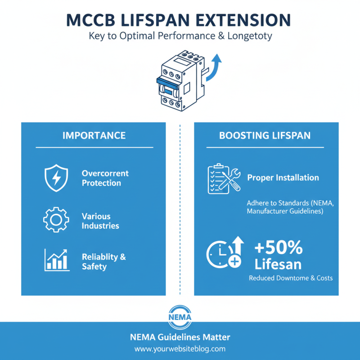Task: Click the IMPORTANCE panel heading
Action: click(94, 135)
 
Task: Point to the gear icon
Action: click(55, 220)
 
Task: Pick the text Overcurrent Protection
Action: click(105, 178)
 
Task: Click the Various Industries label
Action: click(100, 221)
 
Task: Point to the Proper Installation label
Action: click(283, 178)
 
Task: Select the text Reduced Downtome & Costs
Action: click(291, 278)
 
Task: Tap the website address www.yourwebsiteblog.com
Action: click(180, 349)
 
